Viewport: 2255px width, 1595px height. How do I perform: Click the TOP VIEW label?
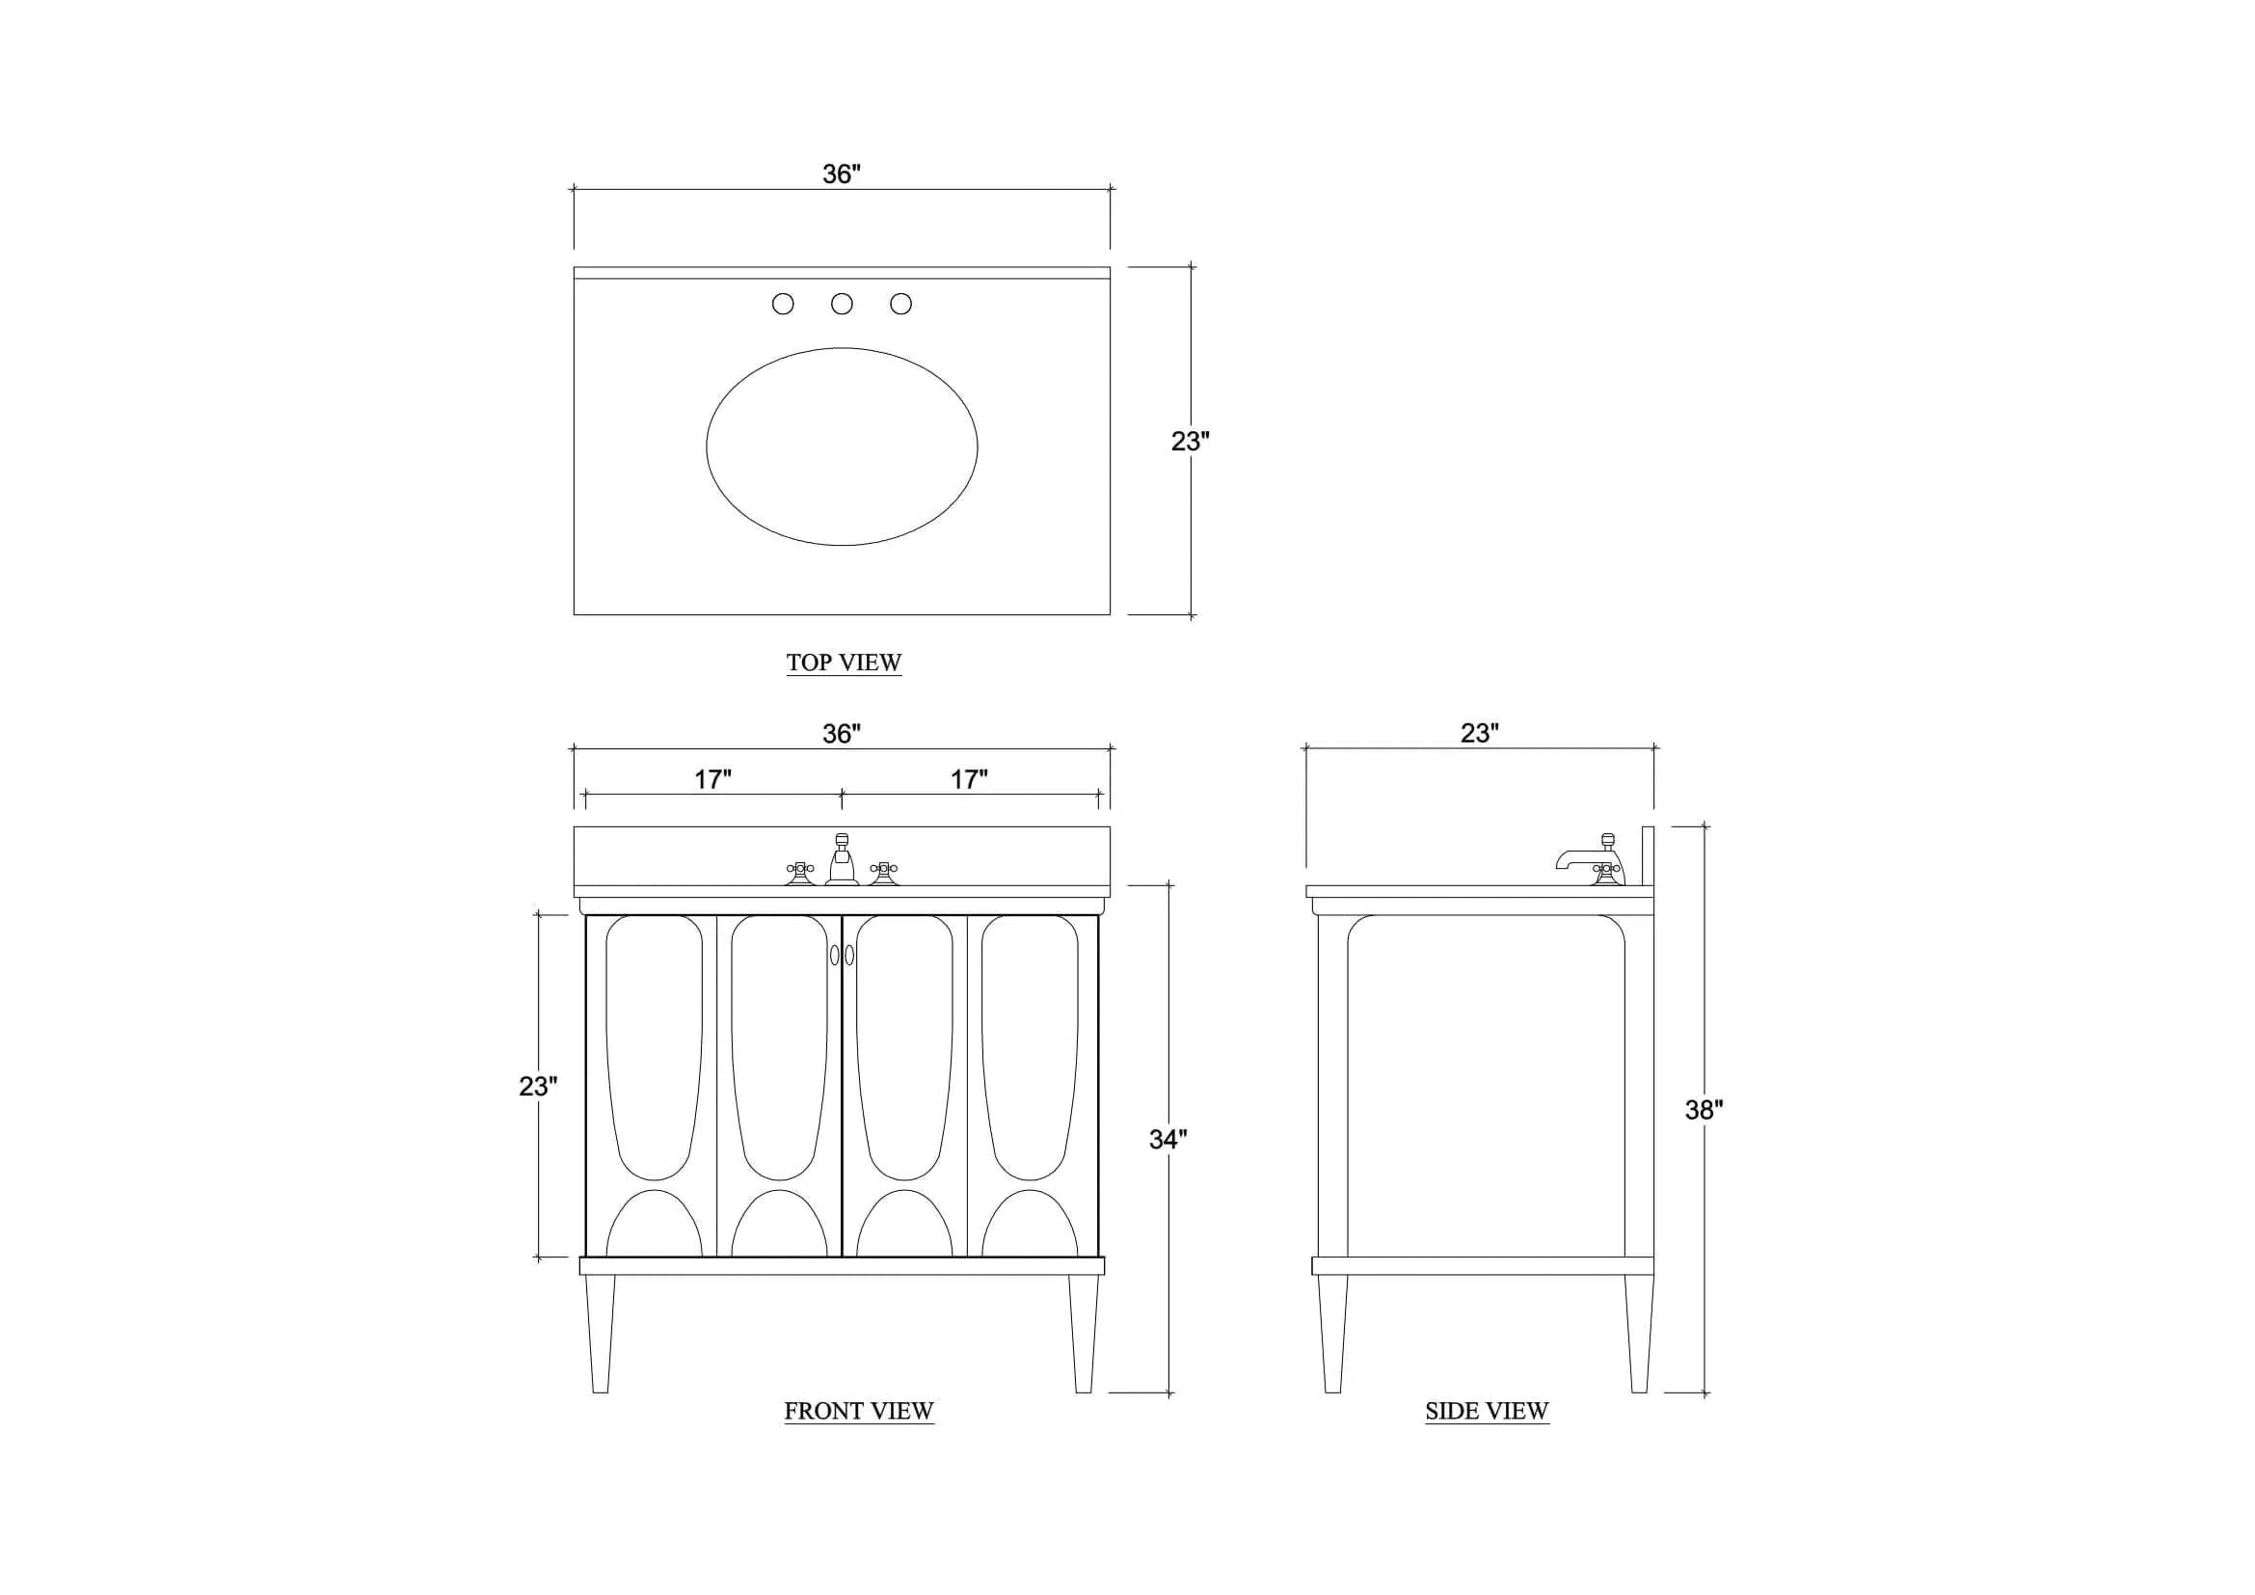tap(844, 662)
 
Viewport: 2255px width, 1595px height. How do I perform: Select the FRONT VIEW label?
tap(858, 1412)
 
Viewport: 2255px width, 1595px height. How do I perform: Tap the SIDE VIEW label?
tap(1487, 1412)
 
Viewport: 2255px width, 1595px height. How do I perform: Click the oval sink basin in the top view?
tap(842, 446)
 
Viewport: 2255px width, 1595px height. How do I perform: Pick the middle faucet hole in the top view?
tap(842, 305)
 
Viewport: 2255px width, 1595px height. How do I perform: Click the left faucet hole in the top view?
tap(783, 305)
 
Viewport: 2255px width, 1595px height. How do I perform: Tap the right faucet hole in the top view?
tap(900, 305)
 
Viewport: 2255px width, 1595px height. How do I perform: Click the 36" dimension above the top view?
tap(842, 174)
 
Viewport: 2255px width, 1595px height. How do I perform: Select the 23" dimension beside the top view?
tap(1191, 442)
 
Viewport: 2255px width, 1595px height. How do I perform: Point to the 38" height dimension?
tap(1704, 1110)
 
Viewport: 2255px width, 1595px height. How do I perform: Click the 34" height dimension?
tap(1168, 1139)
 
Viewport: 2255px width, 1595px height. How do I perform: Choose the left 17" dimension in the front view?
tap(713, 780)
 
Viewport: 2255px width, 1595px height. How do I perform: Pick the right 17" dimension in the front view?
tap(968, 780)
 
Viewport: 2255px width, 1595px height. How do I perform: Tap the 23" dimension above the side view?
tap(1479, 734)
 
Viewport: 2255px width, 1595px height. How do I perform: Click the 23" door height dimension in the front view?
tap(538, 1086)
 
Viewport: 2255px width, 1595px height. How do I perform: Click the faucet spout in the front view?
tap(842, 859)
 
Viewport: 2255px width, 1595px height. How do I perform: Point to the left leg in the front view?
tap(600, 1334)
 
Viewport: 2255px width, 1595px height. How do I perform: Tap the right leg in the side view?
tap(1638, 1334)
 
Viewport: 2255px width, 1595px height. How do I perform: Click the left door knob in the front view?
tap(835, 955)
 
